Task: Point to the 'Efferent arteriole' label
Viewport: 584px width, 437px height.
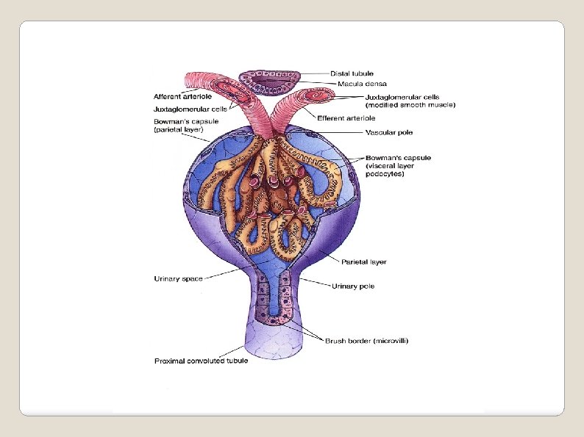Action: [x=346, y=118]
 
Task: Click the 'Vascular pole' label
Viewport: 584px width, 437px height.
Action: [x=388, y=133]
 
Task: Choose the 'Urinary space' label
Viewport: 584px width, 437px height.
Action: [x=178, y=278]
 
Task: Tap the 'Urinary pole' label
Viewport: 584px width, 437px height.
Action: [x=353, y=286]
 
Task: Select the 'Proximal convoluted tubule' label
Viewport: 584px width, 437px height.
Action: [x=201, y=361]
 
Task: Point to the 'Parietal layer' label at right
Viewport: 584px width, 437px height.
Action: [x=363, y=261]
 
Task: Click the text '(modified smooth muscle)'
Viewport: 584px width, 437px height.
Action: [x=410, y=104]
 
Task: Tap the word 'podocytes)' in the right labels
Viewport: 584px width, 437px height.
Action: [x=384, y=173]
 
